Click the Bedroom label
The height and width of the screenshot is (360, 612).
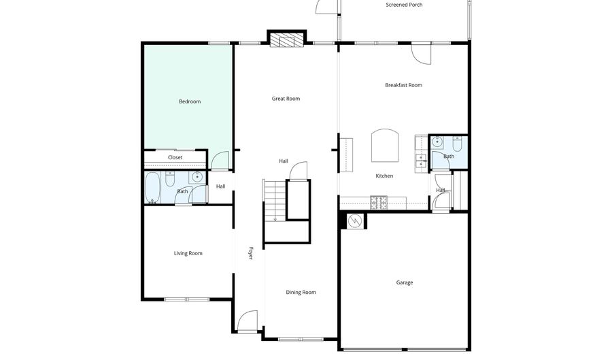tap(190, 102)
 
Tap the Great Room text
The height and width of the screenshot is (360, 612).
tap(286, 99)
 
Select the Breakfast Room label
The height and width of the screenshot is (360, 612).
tap(403, 85)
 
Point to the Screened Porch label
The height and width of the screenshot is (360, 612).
tap(404, 5)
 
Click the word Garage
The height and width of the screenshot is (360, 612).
tap(405, 282)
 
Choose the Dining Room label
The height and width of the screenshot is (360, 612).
tap(301, 293)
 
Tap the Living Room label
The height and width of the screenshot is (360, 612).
tap(188, 254)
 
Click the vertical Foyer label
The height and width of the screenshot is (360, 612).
tap(250, 253)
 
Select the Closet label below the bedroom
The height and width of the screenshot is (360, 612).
tap(175, 158)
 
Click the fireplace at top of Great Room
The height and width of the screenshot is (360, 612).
tap(286, 40)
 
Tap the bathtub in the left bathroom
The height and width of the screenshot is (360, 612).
tap(152, 187)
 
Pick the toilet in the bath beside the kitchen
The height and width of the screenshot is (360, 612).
tap(457, 144)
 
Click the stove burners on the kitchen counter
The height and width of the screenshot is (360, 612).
tap(378, 201)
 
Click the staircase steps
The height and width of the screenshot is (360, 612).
tap(274, 201)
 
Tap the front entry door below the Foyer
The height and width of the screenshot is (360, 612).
tap(248, 320)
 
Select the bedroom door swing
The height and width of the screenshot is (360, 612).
tap(220, 161)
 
